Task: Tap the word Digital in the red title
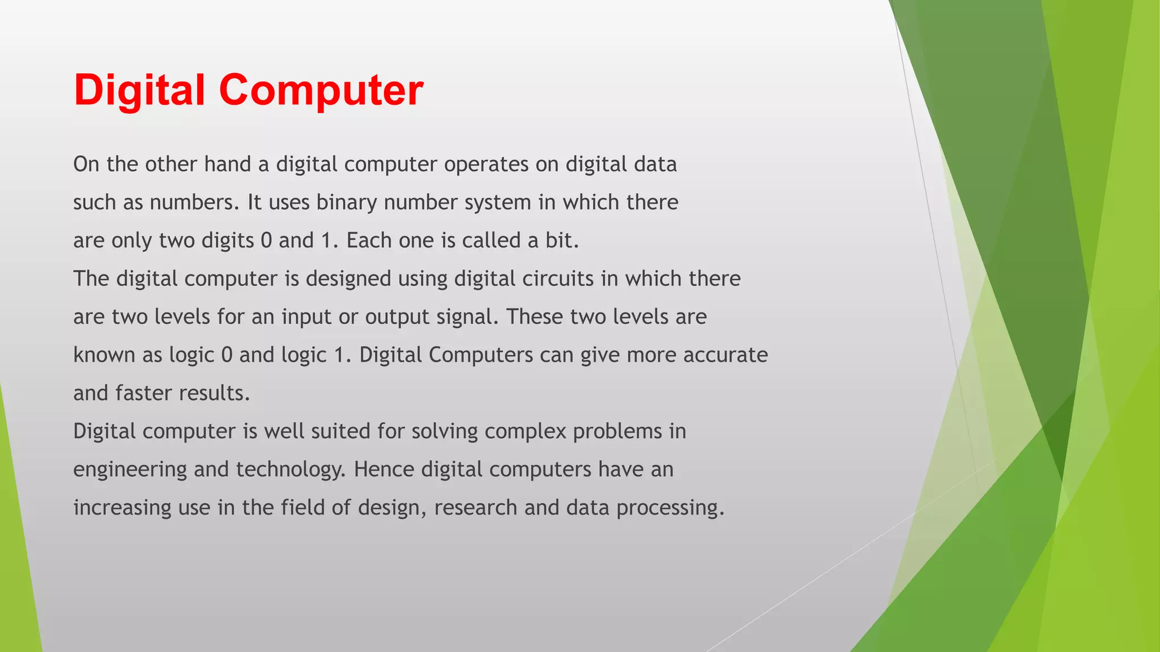tap(139, 91)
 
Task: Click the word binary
tap(347, 203)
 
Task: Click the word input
tap(306, 317)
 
